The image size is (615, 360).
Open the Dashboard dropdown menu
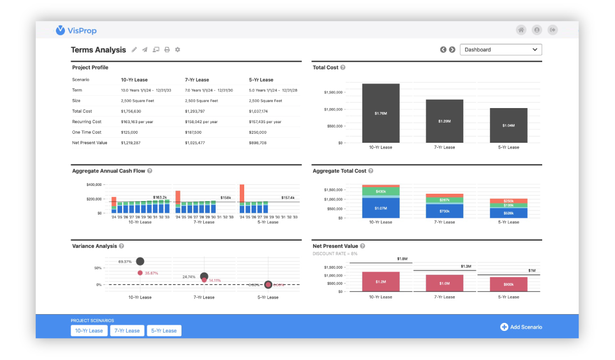pos(501,50)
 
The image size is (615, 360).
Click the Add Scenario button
pos(521,327)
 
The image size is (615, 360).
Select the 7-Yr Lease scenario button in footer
pos(127,330)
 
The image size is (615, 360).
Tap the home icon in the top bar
pos(521,30)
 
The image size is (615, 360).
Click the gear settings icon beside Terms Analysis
pos(178,50)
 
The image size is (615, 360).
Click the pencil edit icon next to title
pos(134,50)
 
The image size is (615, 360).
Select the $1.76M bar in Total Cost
pos(380,113)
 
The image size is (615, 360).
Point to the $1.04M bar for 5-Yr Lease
pos(509,125)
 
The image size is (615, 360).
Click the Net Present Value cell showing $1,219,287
pos(131,143)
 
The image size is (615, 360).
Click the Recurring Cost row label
pos(87,121)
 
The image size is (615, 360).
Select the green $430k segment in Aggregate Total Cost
pos(380,192)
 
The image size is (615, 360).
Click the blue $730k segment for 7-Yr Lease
pos(444,211)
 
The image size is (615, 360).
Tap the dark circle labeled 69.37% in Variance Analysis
pos(140,261)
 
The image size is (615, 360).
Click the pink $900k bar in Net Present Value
pos(509,284)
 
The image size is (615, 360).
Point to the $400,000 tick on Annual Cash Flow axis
pos(94,185)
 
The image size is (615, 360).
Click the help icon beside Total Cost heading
pos(343,68)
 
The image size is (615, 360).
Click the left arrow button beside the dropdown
pos(443,50)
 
